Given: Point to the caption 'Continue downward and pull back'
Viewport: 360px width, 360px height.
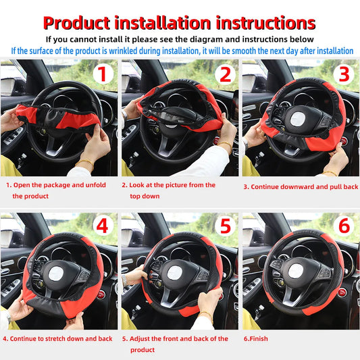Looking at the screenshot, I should click(301, 186).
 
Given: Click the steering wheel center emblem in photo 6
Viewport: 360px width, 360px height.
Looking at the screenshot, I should click(298, 270).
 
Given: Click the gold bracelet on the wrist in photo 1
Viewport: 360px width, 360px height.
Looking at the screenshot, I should click(85, 164).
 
